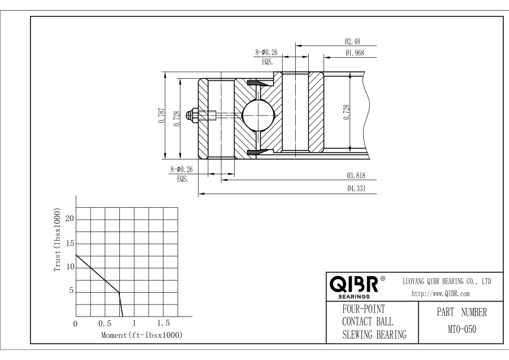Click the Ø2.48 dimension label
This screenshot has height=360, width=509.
pyautogui.click(x=352, y=41)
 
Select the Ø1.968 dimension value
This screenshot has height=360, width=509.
pyautogui.click(x=355, y=53)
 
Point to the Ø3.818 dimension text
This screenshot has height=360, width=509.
pyautogui.click(x=356, y=175)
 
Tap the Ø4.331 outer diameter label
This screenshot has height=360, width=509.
pyautogui.click(x=356, y=188)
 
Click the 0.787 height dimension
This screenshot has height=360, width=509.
pyautogui.click(x=162, y=115)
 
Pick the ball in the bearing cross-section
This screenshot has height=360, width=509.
pyautogui.click(x=258, y=115)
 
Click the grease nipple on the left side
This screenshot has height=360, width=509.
pyautogui.click(x=193, y=115)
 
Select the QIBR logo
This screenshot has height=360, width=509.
pyautogui.click(x=357, y=286)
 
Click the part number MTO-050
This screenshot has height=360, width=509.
pyautogui.click(x=462, y=329)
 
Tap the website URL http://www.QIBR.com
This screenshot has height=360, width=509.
pyautogui.click(x=441, y=294)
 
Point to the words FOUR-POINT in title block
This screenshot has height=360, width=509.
pyautogui.click(x=364, y=309)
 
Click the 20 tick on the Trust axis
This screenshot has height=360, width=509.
pyautogui.click(x=70, y=219)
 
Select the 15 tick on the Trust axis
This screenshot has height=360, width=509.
pyautogui.click(x=70, y=243)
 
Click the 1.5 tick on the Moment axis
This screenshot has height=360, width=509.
pyautogui.click(x=163, y=323)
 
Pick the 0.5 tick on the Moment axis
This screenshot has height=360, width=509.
pyautogui.click(x=105, y=324)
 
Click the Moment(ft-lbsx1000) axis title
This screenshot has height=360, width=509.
pyautogui.click(x=142, y=335)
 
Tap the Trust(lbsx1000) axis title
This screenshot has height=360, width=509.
pyautogui.click(x=58, y=240)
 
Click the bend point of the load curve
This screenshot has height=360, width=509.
pyautogui.click(x=119, y=293)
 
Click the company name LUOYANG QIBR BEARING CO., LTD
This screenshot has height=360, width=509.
pyautogui.click(x=447, y=281)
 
